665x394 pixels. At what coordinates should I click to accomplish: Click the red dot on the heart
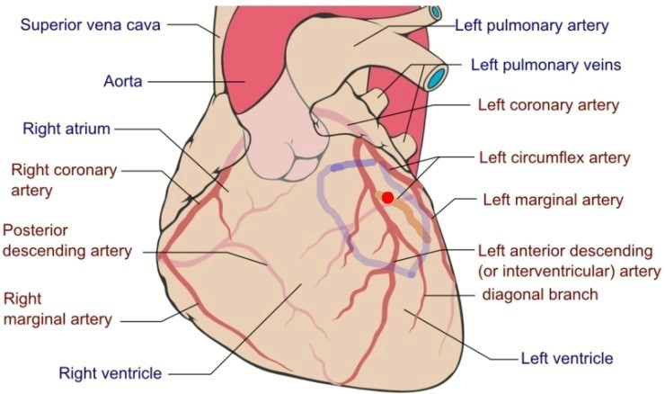click(387, 197)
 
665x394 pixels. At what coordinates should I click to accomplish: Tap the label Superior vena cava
click(91, 24)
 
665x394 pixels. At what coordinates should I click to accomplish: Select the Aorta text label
click(122, 81)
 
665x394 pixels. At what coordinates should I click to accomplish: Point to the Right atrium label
click(66, 129)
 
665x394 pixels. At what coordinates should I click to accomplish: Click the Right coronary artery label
click(64, 180)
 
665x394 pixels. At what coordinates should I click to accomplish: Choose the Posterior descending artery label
click(67, 240)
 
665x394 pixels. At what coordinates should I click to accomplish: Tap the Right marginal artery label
click(58, 309)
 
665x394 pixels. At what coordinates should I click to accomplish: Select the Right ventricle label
click(111, 373)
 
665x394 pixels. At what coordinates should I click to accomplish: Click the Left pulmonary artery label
click(532, 25)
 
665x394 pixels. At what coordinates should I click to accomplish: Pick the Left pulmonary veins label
click(546, 65)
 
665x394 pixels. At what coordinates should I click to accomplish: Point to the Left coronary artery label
click(549, 105)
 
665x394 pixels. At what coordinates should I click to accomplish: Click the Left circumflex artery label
click(554, 157)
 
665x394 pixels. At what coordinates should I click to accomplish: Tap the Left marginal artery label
click(554, 200)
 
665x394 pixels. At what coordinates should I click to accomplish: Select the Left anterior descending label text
click(565, 250)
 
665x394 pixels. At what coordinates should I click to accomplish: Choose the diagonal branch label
click(540, 294)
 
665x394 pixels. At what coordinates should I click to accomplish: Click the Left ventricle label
click(567, 358)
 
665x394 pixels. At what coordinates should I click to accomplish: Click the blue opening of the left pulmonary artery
click(435, 12)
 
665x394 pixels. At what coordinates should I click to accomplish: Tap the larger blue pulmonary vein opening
click(437, 76)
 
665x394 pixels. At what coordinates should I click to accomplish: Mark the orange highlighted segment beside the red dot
click(405, 215)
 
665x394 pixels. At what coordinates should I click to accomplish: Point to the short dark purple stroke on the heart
click(353, 166)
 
